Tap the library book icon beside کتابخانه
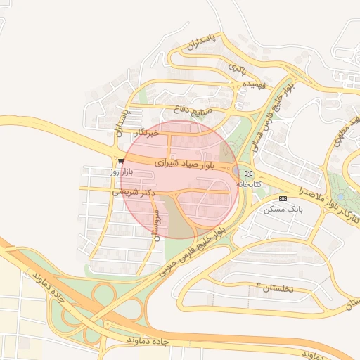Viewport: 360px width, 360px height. click(247, 173)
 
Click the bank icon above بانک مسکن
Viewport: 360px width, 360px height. click(283, 198)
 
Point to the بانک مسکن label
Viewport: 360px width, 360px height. click(283, 209)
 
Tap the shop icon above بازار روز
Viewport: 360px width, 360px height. click(122, 161)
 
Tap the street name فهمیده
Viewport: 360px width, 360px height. click(254, 84)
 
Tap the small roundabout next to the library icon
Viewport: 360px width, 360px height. click(237, 172)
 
